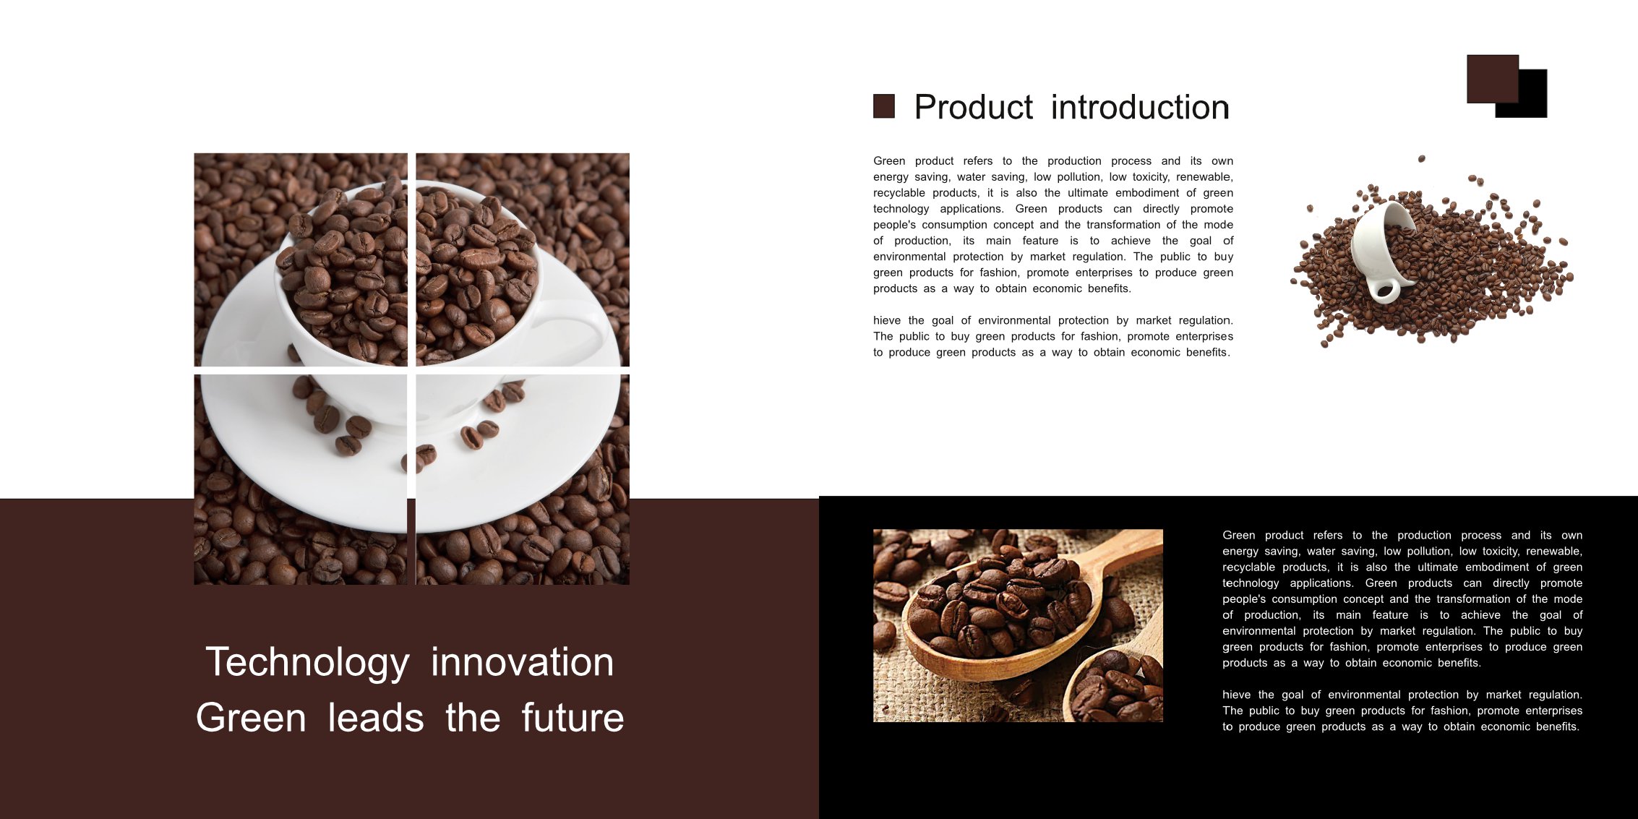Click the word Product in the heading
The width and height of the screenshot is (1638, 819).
(x=973, y=108)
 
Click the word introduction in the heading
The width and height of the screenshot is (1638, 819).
(x=1140, y=107)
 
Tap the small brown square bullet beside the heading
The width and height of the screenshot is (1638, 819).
(x=883, y=106)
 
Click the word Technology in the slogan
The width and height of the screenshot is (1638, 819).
(x=307, y=662)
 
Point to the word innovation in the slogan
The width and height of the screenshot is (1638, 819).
(x=523, y=662)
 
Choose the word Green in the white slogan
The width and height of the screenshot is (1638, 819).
(x=251, y=718)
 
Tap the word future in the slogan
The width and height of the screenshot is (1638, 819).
(x=573, y=718)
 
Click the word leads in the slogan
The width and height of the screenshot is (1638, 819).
(x=376, y=718)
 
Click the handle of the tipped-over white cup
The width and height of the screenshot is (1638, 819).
(x=1384, y=289)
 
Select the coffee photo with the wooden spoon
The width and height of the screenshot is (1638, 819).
(x=1018, y=625)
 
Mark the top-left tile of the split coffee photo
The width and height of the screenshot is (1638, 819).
(x=301, y=260)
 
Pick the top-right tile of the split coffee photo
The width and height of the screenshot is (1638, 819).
(x=523, y=260)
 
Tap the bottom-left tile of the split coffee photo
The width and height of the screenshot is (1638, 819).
(x=301, y=479)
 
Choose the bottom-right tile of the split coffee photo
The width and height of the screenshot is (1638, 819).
(x=523, y=479)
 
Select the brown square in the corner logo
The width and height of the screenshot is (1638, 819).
(x=1493, y=79)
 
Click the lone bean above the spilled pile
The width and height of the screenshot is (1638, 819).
(x=1421, y=158)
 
